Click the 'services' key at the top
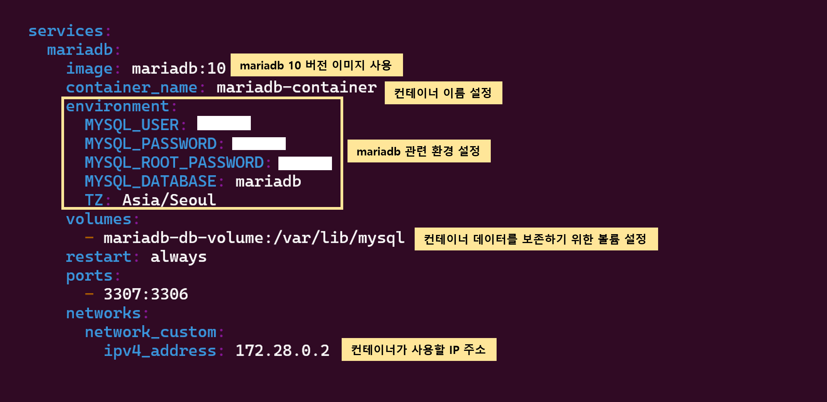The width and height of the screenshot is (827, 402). tap(66, 31)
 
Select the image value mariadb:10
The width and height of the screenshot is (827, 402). tap(179, 69)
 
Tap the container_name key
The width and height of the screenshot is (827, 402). tap(132, 88)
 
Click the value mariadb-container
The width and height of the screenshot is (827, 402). tap(296, 88)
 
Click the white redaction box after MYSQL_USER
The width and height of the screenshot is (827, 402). tap(224, 123)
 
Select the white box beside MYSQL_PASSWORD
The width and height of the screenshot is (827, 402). tap(259, 143)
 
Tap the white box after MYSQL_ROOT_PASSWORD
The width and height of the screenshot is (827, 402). tap(305, 163)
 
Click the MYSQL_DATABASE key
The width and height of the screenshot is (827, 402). tap(150, 181)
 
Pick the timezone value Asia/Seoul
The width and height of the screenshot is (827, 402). tap(169, 200)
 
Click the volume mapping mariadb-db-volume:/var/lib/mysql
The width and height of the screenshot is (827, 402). tap(254, 238)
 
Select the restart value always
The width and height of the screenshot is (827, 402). tap(179, 257)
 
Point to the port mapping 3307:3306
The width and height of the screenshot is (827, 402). tap(146, 294)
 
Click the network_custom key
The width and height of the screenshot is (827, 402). tap(150, 332)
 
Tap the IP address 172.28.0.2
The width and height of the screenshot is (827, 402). tap(282, 351)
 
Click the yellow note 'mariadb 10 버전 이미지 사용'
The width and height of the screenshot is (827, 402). tap(316, 65)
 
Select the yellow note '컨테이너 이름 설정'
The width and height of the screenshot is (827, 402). tap(443, 93)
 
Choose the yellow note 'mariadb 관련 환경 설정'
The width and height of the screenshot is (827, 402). tap(419, 151)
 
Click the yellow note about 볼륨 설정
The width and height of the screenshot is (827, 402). tap(536, 239)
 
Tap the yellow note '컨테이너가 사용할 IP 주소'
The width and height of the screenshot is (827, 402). tap(419, 350)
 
